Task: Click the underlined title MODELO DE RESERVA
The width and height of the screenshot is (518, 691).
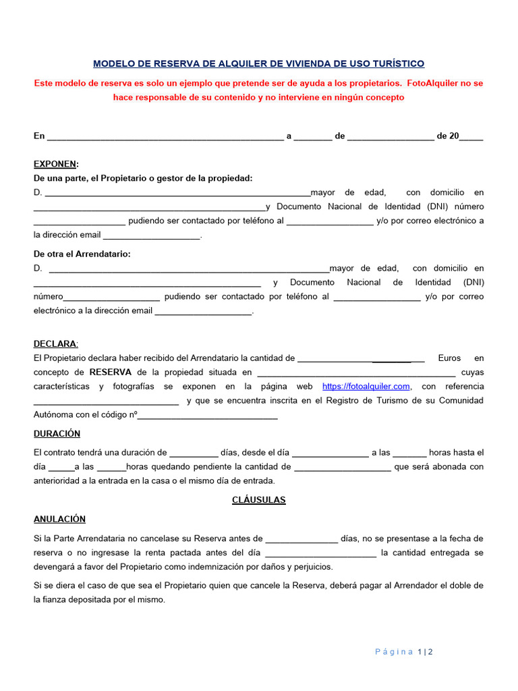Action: pyautogui.click(x=258, y=63)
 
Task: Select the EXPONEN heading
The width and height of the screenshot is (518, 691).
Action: pyautogui.click(x=55, y=164)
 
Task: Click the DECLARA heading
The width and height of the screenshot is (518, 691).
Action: pyautogui.click(x=55, y=343)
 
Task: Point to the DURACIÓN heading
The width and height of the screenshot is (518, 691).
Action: pyautogui.click(x=57, y=433)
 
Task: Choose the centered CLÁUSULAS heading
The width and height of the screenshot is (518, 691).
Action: pyautogui.click(x=258, y=500)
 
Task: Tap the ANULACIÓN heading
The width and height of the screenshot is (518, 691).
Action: pyautogui.click(x=59, y=519)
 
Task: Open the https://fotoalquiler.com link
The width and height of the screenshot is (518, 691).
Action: pyautogui.click(x=366, y=386)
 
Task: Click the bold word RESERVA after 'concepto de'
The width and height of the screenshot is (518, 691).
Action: pyautogui.click(x=111, y=372)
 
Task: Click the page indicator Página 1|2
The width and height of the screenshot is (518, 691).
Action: pyautogui.click(x=403, y=651)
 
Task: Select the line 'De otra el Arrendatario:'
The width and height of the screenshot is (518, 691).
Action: pyautogui.click(x=82, y=254)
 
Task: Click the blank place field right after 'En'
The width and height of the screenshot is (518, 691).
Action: pyautogui.click(x=165, y=137)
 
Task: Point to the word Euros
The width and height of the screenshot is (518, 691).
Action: pyautogui.click(x=449, y=358)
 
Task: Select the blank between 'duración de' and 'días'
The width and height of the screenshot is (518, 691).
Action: pyautogui.click(x=194, y=453)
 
